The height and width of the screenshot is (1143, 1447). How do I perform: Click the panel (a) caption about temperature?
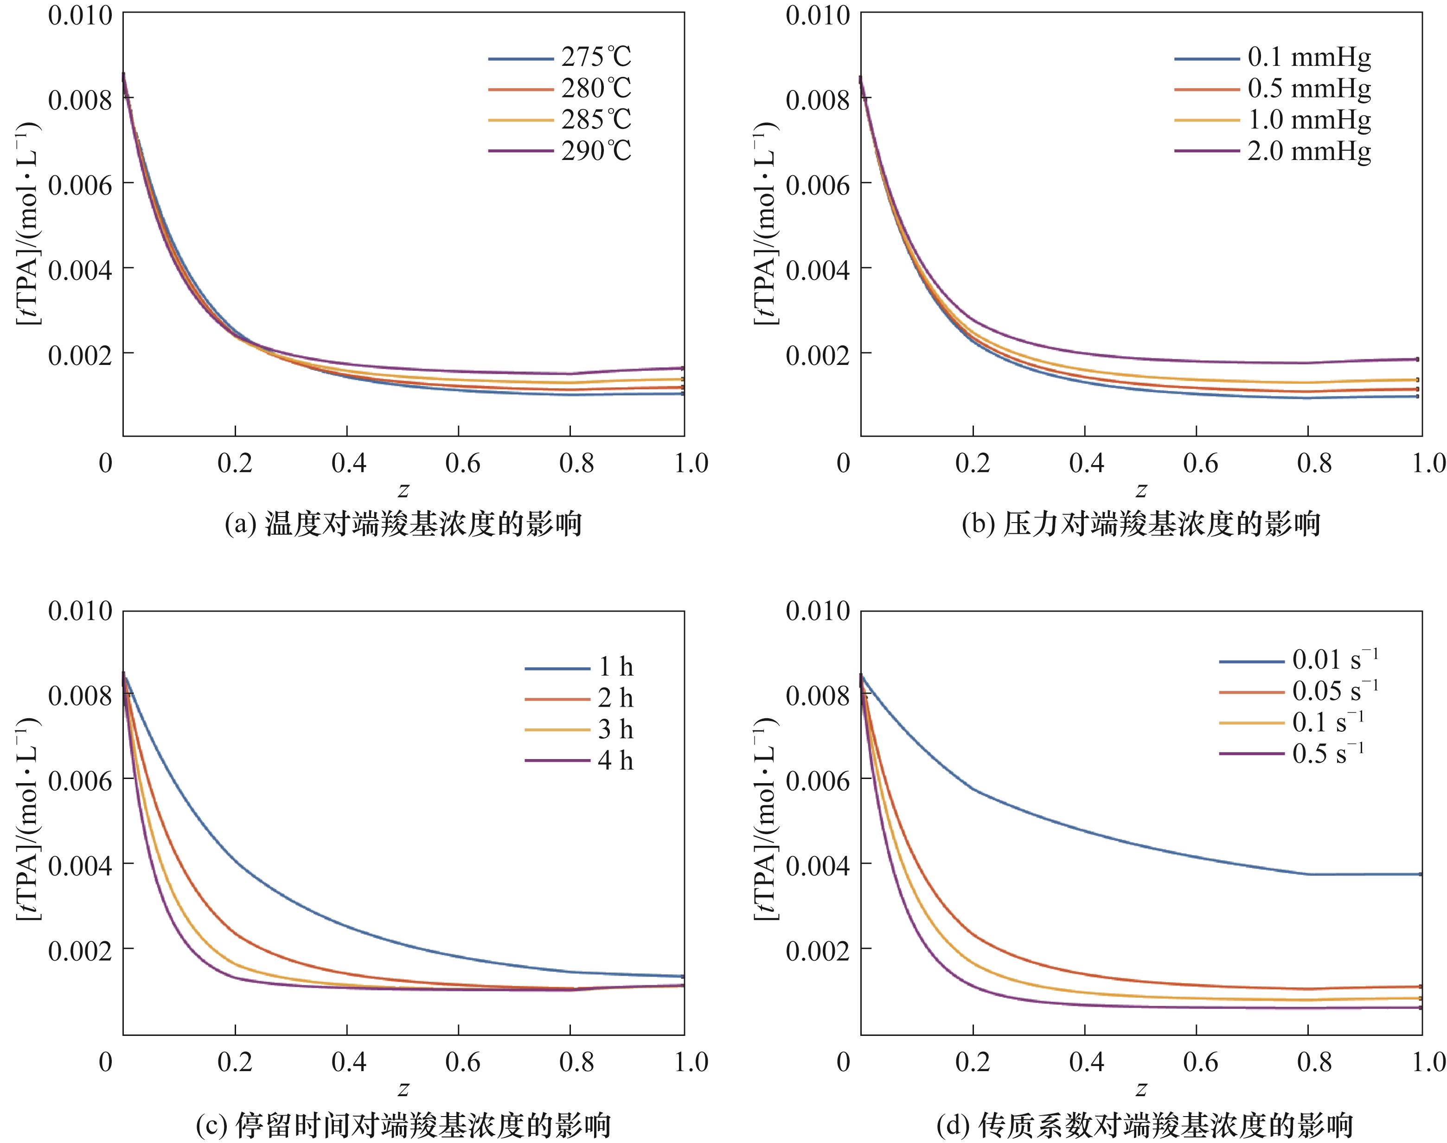tap(403, 524)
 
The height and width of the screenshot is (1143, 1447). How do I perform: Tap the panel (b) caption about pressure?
tap(1140, 524)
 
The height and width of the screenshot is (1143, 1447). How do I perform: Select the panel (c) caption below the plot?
tap(403, 1125)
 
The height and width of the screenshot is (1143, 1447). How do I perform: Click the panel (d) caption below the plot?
tap(1140, 1125)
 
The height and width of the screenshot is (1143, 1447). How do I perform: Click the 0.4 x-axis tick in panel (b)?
tap(1086, 463)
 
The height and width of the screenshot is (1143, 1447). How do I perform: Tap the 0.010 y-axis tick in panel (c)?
tap(80, 611)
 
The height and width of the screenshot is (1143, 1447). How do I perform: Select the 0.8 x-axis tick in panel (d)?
tap(1314, 1062)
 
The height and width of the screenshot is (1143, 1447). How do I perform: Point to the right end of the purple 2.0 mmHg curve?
tap(1417, 359)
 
